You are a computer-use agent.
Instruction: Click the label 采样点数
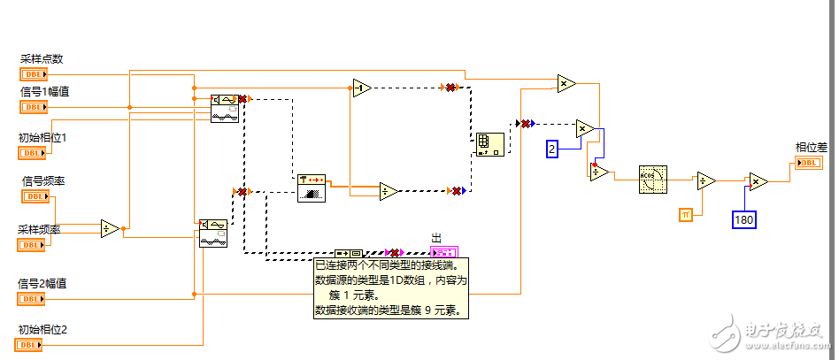coord(42,59)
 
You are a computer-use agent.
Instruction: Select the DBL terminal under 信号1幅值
coord(34,106)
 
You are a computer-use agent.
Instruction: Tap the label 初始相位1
coord(42,137)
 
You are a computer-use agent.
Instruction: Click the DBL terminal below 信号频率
coord(34,196)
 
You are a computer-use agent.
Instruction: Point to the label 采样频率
coord(42,228)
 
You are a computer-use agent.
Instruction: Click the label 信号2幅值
coord(42,284)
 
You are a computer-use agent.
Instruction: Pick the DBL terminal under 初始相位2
coord(34,345)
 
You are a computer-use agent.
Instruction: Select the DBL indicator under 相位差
coord(809,163)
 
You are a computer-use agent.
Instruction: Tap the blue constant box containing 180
coord(743,218)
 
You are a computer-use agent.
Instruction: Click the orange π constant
coord(685,214)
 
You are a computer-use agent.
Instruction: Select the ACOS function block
coord(654,180)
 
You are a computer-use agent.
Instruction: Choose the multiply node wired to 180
coord(758,181)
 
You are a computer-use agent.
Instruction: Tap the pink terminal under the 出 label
coord(443,252)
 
